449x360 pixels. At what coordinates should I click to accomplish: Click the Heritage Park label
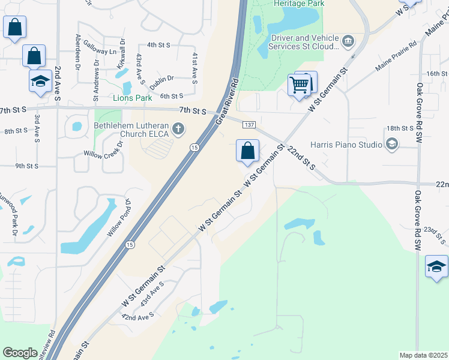point(298,4)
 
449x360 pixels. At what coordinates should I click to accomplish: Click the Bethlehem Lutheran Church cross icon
point(178,128)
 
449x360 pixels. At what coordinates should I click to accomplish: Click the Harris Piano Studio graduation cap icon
point(392,144)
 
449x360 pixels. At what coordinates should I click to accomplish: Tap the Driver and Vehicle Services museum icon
point(348,41)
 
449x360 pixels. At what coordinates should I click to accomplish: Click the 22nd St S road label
point(301,156)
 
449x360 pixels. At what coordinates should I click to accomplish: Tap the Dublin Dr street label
point(161,82)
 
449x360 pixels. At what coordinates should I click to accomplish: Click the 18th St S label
point(400,128)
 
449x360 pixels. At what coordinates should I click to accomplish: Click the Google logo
point(20,353)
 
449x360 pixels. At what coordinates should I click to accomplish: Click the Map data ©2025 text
point(423,355)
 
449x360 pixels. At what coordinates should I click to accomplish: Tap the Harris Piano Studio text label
point(346,145)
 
